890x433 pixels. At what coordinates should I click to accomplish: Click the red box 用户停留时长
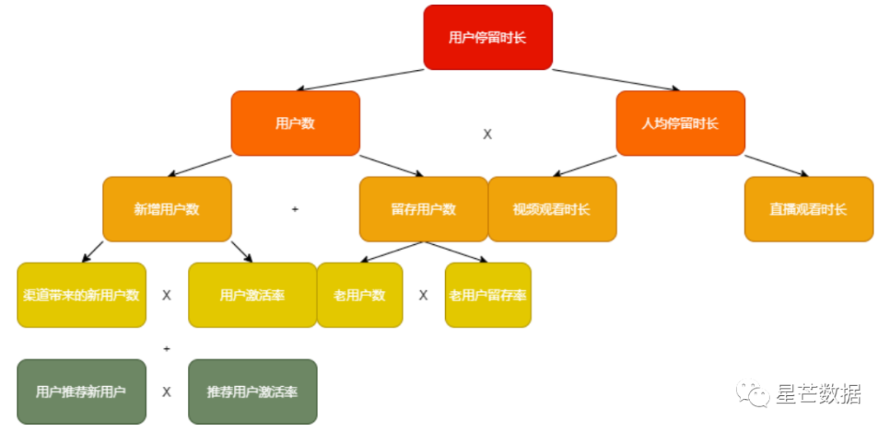click(488, 37)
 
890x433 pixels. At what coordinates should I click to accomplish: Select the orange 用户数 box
click(295, 123)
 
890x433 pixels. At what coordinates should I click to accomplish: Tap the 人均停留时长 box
click(680, 123)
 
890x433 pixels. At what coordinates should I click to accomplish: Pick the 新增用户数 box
click(166, 209)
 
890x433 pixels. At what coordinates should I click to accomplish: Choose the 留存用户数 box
click(424, 209)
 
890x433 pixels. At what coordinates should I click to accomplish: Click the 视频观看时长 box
click(552, 209)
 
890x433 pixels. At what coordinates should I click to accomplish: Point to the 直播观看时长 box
click(808, 209)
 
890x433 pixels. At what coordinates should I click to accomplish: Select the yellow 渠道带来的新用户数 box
click(82, 294)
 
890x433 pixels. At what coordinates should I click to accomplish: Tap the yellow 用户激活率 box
click(252, 294)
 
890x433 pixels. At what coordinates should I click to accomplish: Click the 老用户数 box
click(359, 294)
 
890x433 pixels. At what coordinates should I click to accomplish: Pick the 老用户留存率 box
click(488, 294)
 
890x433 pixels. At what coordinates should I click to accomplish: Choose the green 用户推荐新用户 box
click(82, 391)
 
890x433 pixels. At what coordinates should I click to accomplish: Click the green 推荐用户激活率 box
click(252, 391)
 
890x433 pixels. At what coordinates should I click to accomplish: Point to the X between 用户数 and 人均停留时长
click(487, 134)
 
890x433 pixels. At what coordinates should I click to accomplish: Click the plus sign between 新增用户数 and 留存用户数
click(295, 209)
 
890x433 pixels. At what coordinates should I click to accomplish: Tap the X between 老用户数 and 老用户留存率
click(424, 295)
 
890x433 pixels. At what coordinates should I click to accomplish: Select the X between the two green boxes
click(166, 392)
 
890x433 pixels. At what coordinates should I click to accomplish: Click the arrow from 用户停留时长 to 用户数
click(363, 80)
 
